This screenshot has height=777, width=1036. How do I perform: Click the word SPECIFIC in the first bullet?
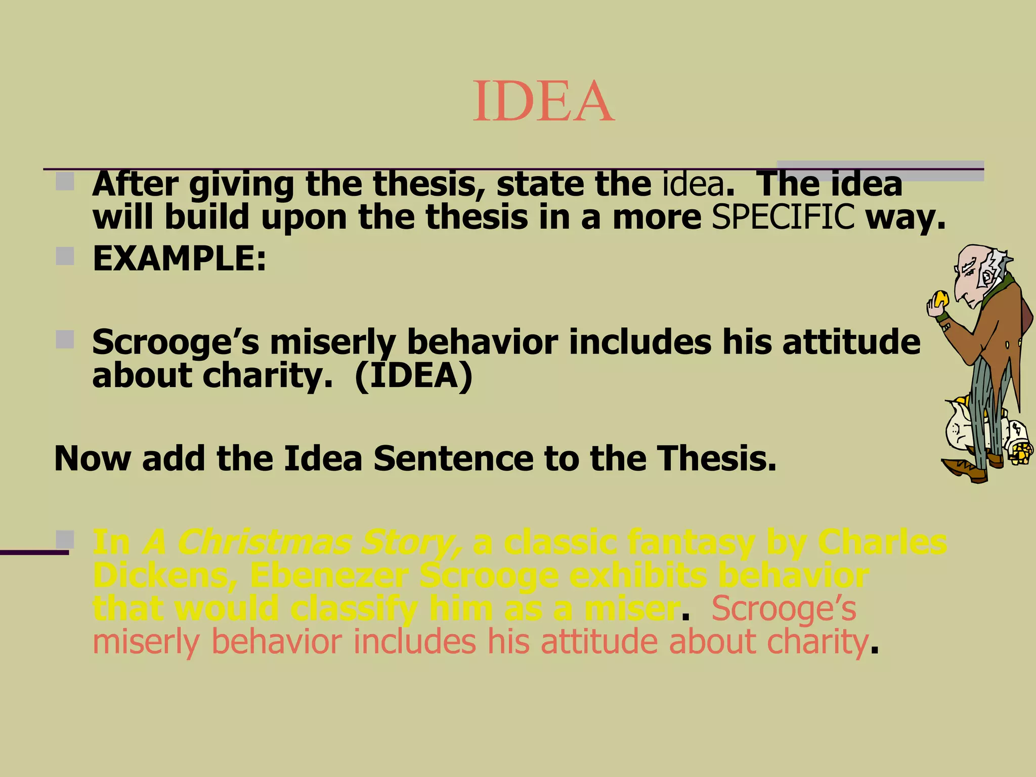(x=783, y=218)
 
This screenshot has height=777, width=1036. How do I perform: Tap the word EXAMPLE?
(x=179, y=258)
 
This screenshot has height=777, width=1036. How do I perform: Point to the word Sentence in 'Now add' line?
(x=453, y=459)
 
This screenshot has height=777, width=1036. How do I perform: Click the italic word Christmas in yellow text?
(x=263, y=543)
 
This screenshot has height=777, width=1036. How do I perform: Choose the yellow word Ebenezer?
(x=329, y=576)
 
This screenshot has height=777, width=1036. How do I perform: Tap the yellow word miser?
(x=632, y=609)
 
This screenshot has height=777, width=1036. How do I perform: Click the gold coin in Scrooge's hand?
(x=941, y=298)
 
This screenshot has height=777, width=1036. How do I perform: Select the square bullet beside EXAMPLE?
(x=65, y=256)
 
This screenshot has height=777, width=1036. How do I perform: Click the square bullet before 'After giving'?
(x=65, y=181)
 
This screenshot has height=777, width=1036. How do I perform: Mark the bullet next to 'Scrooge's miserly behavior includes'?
(x=65, y=339)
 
